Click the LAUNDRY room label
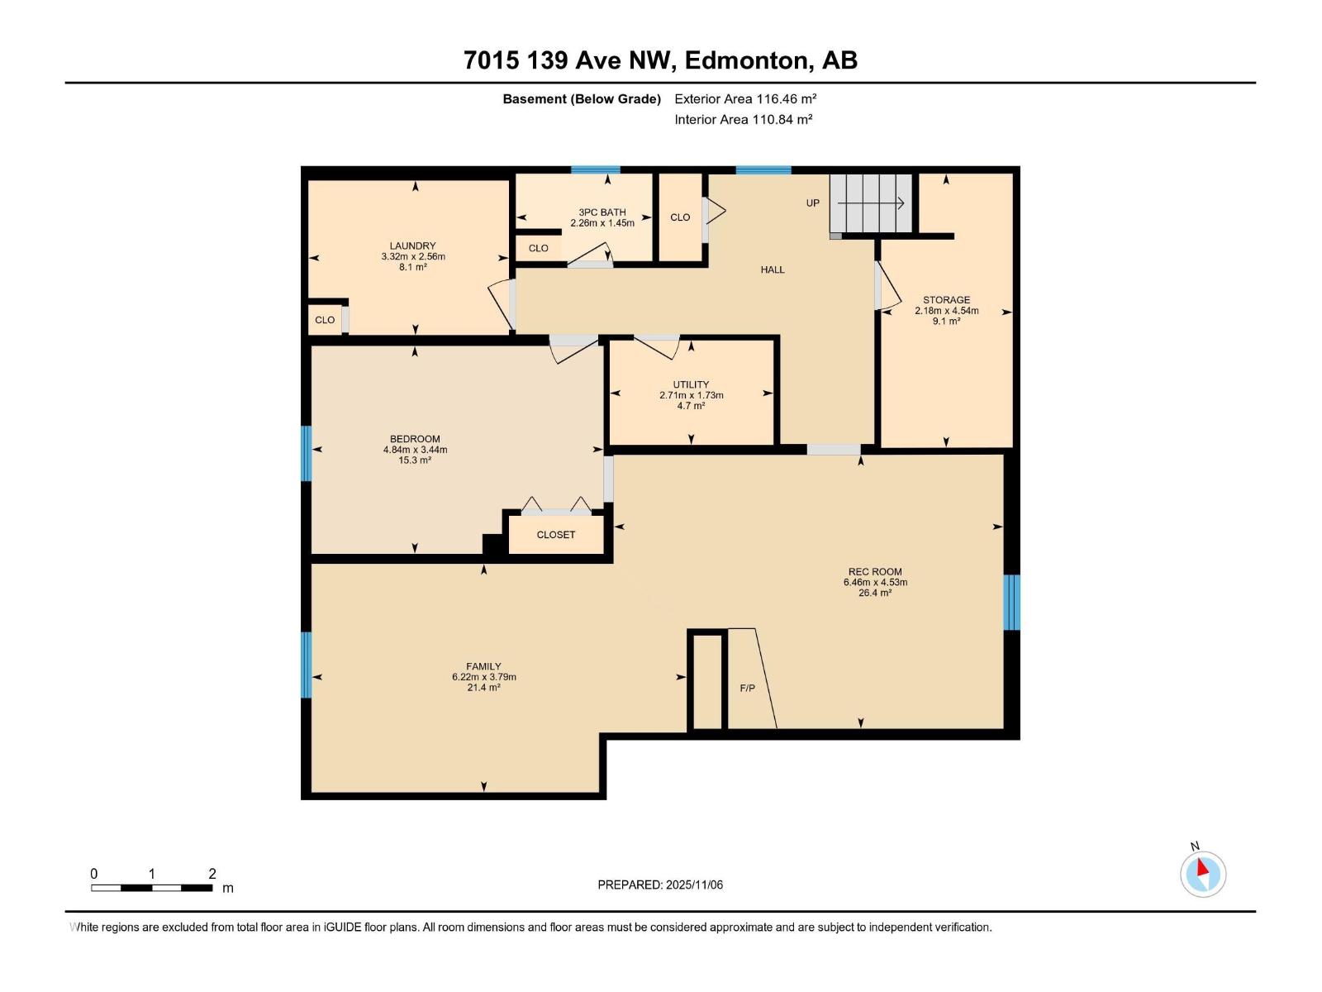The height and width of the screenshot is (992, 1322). click(412, 246)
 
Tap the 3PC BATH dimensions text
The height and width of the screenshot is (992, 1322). click(602, 223)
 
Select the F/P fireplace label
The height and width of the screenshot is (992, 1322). click(747, 688)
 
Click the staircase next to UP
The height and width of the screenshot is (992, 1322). click(872, 203)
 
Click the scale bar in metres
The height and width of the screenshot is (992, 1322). click(152, 888)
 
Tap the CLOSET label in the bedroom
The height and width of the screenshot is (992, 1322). click(555, 535)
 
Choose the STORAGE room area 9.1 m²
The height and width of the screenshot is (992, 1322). click(946, 322)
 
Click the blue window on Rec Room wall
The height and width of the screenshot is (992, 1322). click(1011, 602)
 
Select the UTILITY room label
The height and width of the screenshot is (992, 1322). click(691, 384)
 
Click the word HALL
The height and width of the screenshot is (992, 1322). click(773, 269)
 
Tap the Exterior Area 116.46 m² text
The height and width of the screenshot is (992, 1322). click(745, 98)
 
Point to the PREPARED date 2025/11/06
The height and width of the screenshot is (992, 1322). click(660, 885)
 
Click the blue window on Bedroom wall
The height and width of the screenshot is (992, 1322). click(306, 453)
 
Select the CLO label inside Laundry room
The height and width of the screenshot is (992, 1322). click(325, 320)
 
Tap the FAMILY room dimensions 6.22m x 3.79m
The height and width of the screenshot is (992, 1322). click(483, 677)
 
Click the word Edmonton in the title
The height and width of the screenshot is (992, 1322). click(745, 60)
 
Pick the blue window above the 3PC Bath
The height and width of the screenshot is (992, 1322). click(595, 170)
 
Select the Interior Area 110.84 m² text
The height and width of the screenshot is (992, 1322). click(743, 119)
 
